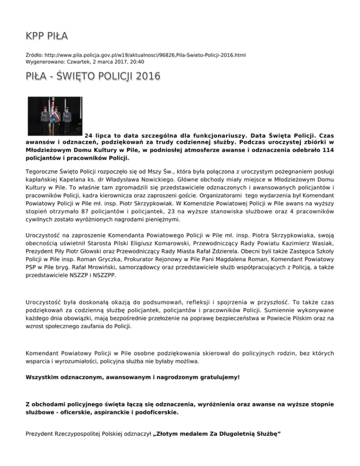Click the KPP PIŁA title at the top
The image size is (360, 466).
(x=47, y=36)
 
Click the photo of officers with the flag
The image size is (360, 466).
(x=55, y=115)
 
